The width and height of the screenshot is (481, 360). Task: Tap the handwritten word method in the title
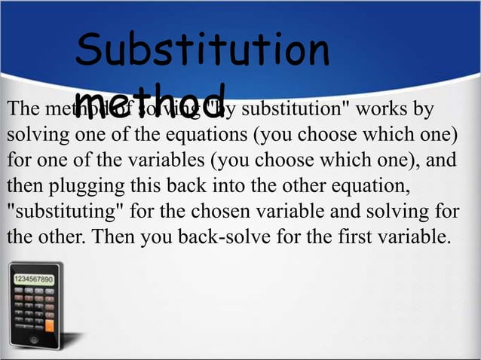coord(150,101)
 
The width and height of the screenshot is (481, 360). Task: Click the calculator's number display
coord(34,279)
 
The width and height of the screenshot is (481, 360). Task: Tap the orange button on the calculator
coord(50,326)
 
